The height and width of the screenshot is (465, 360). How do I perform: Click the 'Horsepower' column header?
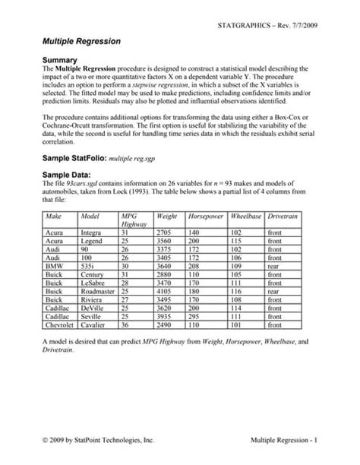tap(207, 217)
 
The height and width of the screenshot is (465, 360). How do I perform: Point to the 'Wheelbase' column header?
tap(246, 217)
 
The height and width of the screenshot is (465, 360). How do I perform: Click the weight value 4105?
tap(164, 289)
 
